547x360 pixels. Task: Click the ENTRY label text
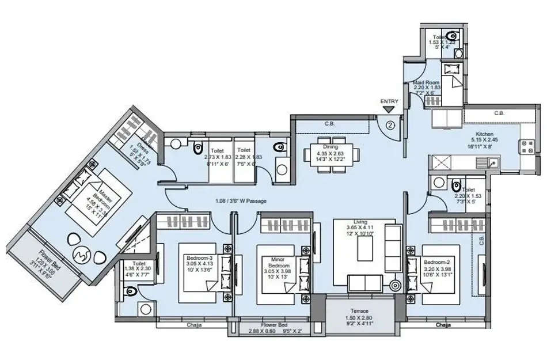pos(389,101)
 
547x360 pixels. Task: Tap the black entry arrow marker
pos(389,109)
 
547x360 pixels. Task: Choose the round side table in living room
pos(395,285)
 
